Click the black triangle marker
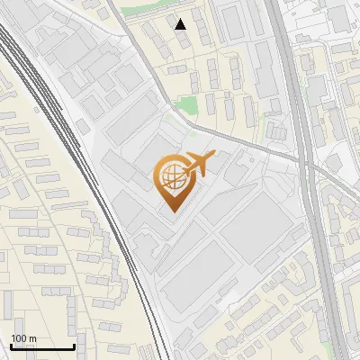pyautogui.click(x=181, y=24)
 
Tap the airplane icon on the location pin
pyautogui.click(x=198, y=166)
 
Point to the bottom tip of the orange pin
pyautogui.click(x=171, y=211)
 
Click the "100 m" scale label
pyautogui.click(x=23, y=338)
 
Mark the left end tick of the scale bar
pyautogui.click(x=11, y=346)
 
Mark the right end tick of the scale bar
pyautogui.click(x=74, y=346)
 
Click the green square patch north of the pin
pyautogui.click(x=185, y=105)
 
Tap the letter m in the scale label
pyautogui.click(x=32, y=338)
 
